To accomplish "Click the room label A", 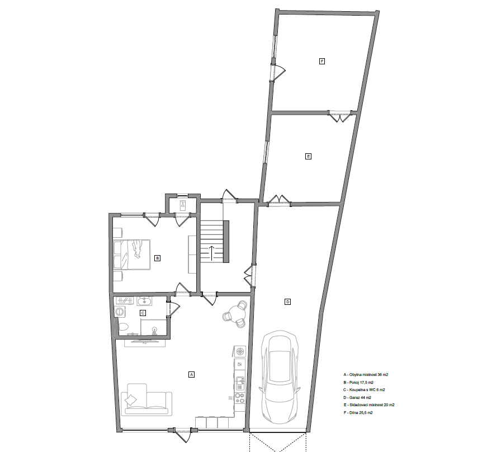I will (x=191, y=374).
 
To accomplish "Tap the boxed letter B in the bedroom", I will (x=158, y=258).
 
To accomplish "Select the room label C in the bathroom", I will (x=143, y=313).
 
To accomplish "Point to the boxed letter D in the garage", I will (x=288, y=302).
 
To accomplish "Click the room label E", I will (x=308, y=156).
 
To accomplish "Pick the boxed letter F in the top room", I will (x=322, y=60).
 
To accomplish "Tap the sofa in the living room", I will (x=146, y=400).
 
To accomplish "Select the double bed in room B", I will (x=133, y=255).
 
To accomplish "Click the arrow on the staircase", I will (x=212, y=252).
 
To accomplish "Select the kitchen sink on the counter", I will (x=240, y=383).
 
